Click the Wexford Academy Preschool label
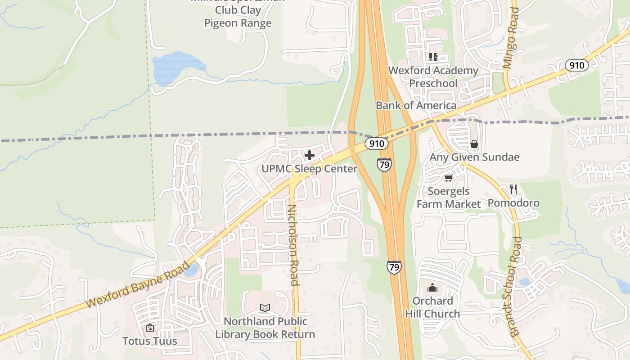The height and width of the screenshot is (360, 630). (x=433, y=77)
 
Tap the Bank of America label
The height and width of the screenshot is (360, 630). (x=416, y=105)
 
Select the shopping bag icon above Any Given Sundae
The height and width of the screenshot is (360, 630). (x=474, y=144)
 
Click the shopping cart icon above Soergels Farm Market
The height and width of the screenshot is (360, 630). (x=448, y=179)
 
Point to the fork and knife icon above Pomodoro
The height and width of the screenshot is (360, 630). (x=513, y=189)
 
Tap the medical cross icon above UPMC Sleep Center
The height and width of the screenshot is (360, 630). (x=310, y=156)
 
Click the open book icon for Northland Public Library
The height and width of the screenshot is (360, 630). (x=265, y=308)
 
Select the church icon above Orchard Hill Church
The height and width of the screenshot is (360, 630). (x=432, y=288)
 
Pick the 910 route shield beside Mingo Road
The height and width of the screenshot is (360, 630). (x=576, y=65)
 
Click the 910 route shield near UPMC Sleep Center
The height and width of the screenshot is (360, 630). (x=376, y=144)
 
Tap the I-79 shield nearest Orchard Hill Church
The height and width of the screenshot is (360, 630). (x=394, y=267)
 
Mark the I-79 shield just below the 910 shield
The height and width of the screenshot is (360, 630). (x=384, y=165)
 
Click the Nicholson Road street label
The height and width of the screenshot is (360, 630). (x=293, y=245)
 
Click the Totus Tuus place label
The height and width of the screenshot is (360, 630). (x=150, y=341)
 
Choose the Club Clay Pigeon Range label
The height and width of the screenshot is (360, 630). (x=238, y=16)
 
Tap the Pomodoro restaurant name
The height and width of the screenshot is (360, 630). (x=513, y=203)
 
